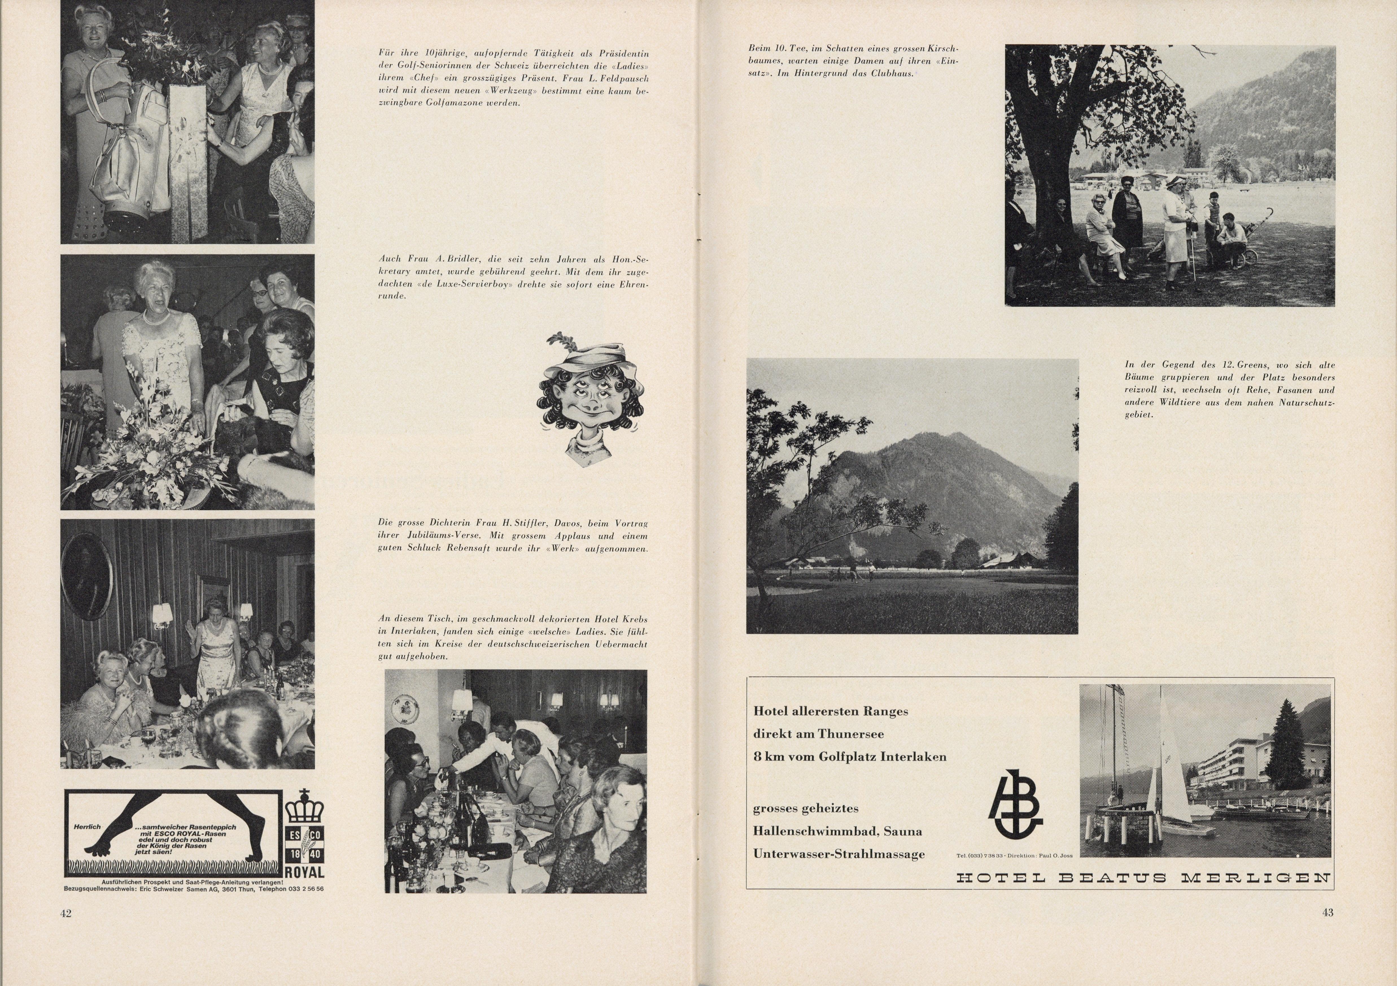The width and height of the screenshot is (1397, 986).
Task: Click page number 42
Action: point(66,913)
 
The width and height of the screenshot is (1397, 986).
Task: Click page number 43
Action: point(1328,912)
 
